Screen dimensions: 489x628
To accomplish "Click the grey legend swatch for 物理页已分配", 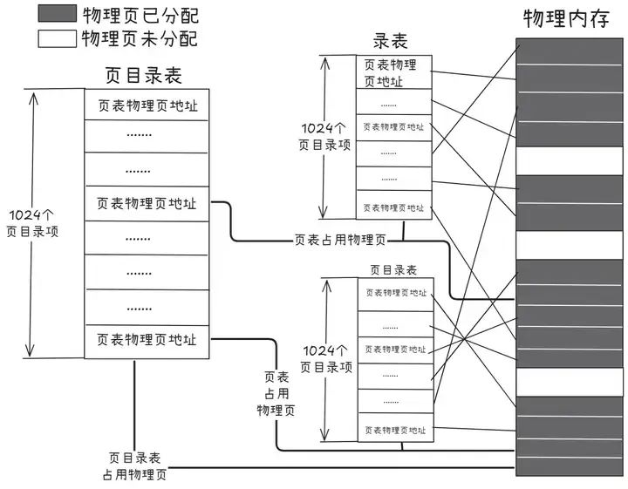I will tap(56, 15).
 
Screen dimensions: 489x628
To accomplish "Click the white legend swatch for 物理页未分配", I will tap(56, 38).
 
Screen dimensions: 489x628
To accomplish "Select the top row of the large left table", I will tap(147, 105).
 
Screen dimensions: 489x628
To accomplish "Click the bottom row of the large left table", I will tap(147, 340).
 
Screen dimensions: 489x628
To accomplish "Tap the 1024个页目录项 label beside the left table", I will tap(32, 223).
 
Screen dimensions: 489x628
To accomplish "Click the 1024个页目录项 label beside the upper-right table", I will tap(324, 136).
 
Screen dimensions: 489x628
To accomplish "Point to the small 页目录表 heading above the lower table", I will tap(393, 270).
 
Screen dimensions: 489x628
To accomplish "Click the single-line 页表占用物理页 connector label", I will tap(340, 240).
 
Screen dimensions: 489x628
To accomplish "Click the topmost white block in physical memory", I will tap(569, 160).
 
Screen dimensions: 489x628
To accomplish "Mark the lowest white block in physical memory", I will tap(569, 382).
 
